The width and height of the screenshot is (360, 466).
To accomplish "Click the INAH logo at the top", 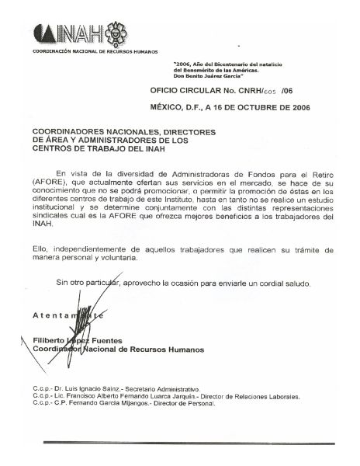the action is click(x=68, y=34).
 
